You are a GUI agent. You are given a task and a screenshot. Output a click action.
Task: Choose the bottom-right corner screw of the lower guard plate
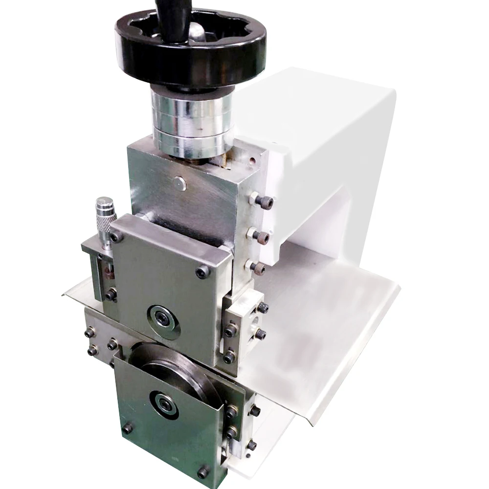[203, 472]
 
